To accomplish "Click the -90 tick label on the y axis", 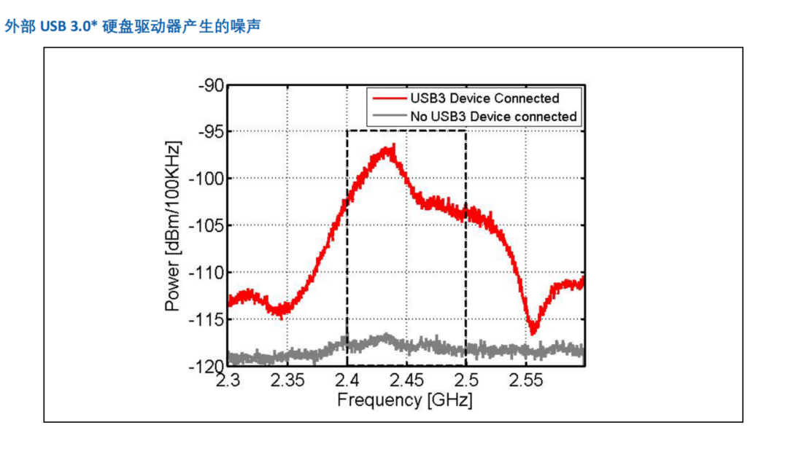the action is click(x=211, y=85).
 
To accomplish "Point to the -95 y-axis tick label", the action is click(x=211, y=131).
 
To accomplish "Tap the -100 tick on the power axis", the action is click(x=206, y=179).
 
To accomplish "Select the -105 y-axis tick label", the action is click(x=206, y=225).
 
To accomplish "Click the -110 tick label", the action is click(x=206, y=273).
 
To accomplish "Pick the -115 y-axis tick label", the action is click(x=206, y=319).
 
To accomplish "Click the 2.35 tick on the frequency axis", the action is click(x=287, y=380).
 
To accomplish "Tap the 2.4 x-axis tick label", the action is click(x=347, y=380).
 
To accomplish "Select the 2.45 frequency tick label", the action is click(x=406, y=380).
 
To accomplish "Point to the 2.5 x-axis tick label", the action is click(x=466, y=380).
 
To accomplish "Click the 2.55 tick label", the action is click(x=525, y=380).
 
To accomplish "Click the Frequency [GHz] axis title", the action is click(x=404, y=400).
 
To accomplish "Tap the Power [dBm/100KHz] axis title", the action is click(x=172, y=226).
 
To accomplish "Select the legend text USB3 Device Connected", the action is click(x=484, y=98).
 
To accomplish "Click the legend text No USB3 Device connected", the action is click(x=493, y=117).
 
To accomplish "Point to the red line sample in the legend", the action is click(x=390, y=98).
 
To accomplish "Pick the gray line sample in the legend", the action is click(x=390, y=116).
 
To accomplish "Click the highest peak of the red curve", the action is click(x=393, y=145).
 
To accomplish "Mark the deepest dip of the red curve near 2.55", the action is click(x=533, y=332).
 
